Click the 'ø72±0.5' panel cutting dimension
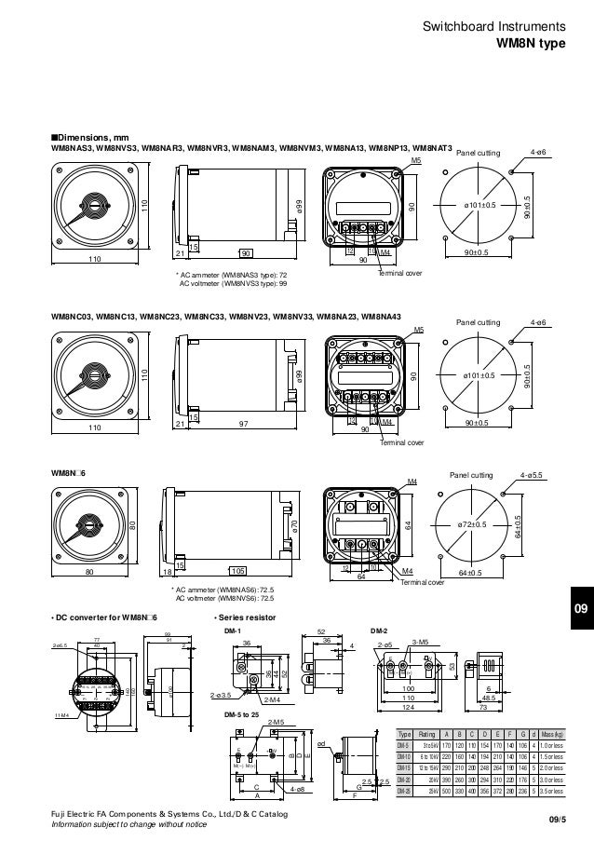475,526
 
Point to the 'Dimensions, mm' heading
88,137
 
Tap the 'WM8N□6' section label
69,473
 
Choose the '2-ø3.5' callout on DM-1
222,695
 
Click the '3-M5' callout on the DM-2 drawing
419,643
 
